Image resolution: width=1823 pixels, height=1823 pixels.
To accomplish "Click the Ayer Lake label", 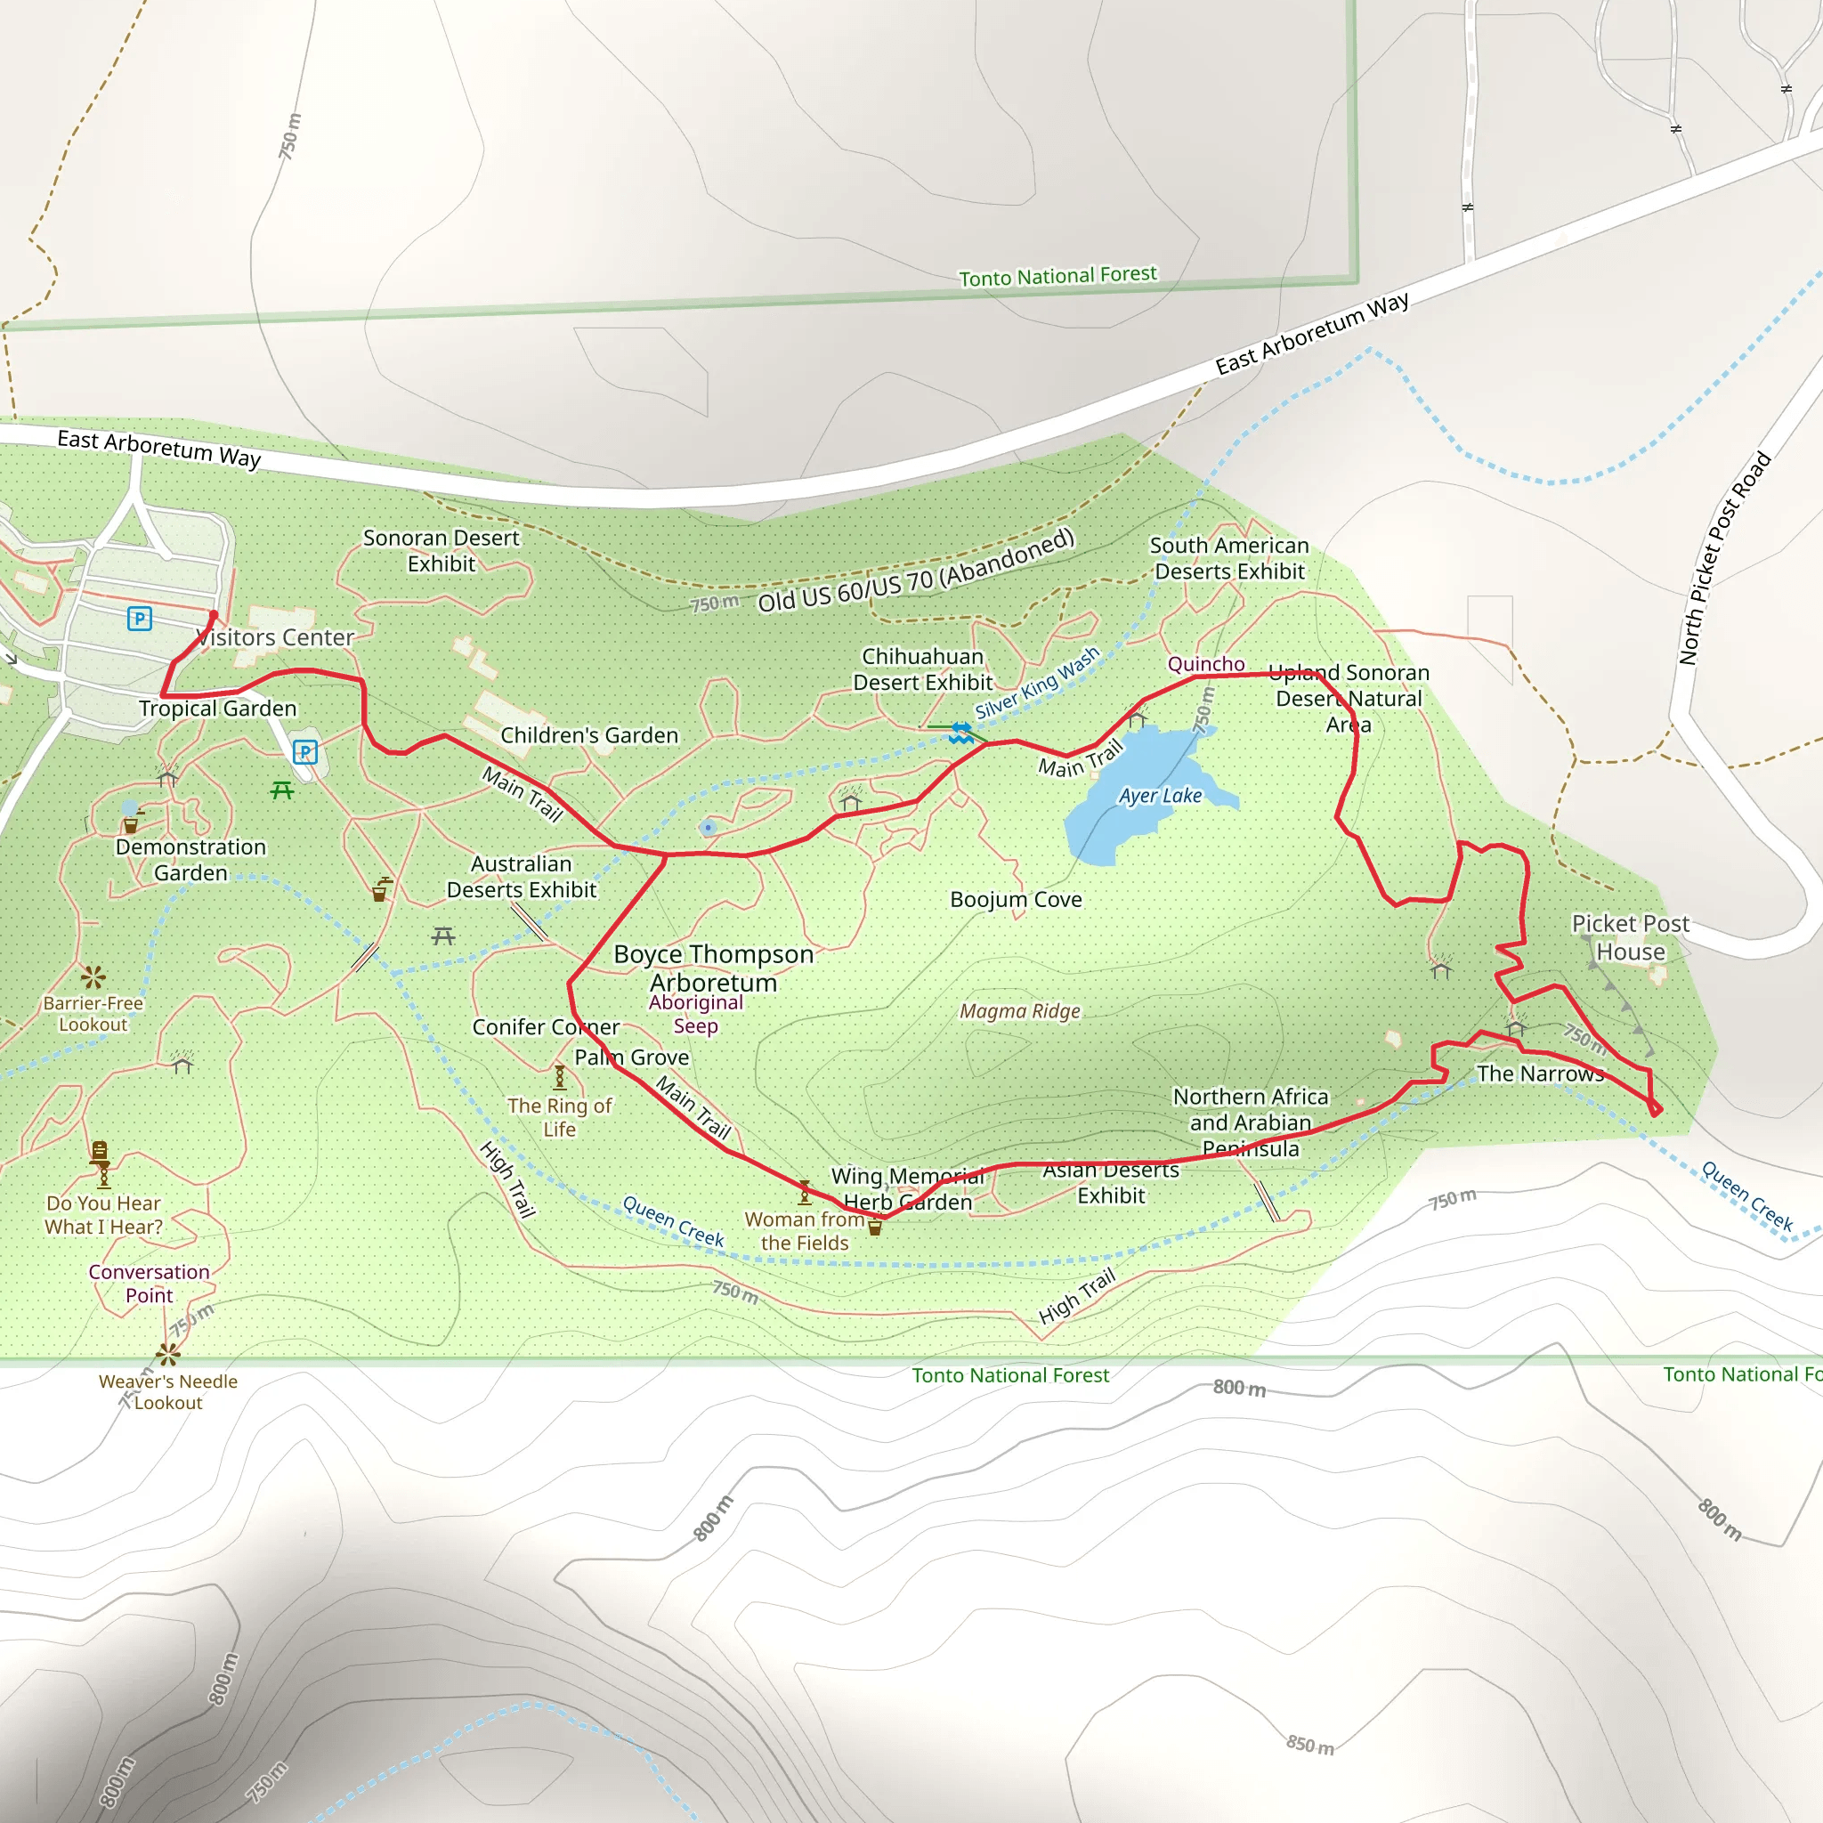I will point(1160,796).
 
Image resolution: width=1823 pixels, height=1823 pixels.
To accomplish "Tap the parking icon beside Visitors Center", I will point(140,619).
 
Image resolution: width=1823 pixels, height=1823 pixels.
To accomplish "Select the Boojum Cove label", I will point(1016,899).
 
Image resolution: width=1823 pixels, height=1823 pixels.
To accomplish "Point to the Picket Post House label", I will point(1630,937).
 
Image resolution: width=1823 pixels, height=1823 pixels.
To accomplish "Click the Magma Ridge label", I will point(1019,1011).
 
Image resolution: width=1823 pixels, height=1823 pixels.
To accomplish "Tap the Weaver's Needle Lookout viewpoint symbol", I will point(168,1355).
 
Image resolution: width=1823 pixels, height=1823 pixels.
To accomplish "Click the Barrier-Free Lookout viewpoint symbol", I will point(93,976).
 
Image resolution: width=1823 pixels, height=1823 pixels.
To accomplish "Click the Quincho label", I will point(1206,664).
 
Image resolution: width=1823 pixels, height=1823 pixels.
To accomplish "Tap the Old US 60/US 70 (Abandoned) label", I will point(915,571).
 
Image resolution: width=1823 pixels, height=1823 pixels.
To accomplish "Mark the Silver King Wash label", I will point(1037,682).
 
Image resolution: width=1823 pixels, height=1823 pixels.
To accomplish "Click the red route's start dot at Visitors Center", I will point(214,615).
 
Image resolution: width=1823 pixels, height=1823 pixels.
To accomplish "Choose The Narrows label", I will point(1540,1074).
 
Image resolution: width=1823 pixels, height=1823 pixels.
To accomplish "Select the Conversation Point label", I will point(149,1284).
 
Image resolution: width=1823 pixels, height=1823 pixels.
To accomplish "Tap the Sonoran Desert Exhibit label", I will point(441,550).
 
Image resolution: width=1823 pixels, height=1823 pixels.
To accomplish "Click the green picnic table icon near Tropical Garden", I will point(281,790).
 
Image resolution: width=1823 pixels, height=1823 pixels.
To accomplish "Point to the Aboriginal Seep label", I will point(695,1013).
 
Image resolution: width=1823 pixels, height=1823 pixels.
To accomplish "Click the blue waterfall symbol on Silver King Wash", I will point(960,733).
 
